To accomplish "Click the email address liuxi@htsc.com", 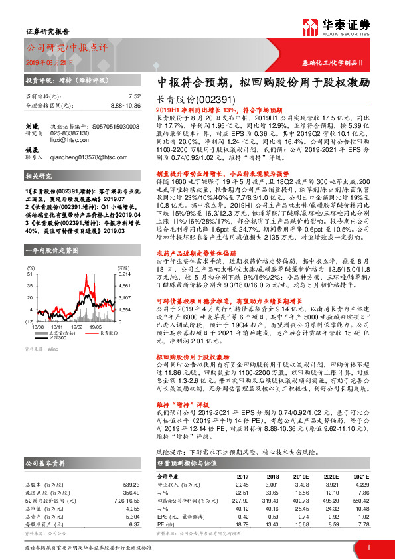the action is pos(69,140).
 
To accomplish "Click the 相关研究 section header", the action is pos(41,177).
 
